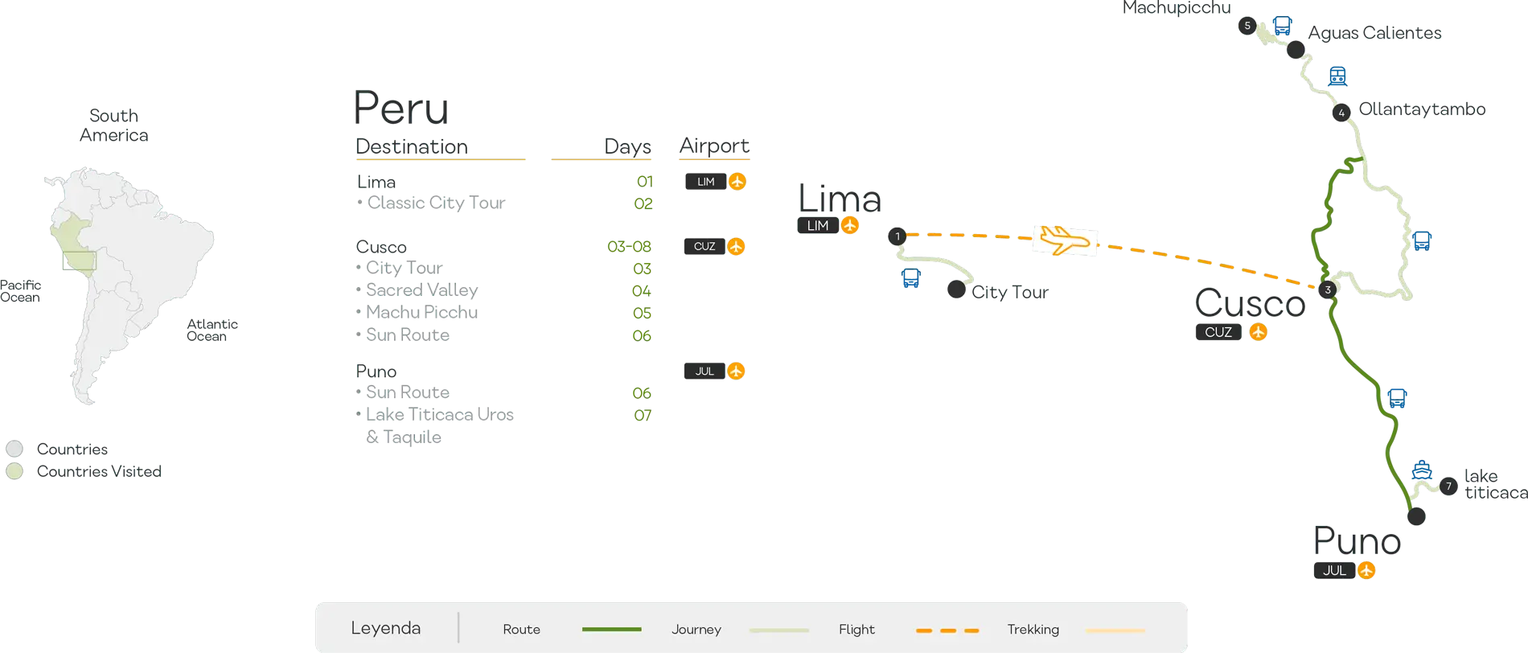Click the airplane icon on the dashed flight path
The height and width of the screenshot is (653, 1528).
(x=1064, y=240)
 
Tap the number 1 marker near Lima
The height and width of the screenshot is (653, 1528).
(x=897, y=236)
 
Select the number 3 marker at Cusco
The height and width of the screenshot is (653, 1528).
(x=1328, y=290)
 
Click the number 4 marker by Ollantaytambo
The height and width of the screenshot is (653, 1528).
(x=1341, y=113)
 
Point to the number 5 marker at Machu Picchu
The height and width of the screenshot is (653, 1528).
(x=1247, y=26)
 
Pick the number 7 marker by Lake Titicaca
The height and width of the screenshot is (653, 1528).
(x=1448, y=486)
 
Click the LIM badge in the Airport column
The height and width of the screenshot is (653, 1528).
(x=705, y=182)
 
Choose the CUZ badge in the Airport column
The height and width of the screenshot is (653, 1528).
(x=704, y=246)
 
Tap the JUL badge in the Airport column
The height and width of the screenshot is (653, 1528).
(x=704, y=371)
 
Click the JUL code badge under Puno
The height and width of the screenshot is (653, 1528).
(x=1334, y=570)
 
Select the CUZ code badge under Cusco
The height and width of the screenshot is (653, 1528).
(x=1218, y=331)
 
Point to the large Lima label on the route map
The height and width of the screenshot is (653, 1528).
(x=838, y=198)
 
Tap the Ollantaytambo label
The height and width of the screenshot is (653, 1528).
(x=1421, y=109)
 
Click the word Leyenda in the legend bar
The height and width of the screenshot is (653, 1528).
(x=385, y=628)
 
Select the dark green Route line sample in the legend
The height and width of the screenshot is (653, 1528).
(x=611, y=629)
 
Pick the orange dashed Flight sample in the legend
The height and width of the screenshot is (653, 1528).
(x=947, y=630)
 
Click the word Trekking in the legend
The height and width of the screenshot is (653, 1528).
(x=1033, y=629)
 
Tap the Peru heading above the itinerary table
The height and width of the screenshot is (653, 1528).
(x=401, y=108)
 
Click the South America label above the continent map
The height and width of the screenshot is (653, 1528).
(x=113, y=125)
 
